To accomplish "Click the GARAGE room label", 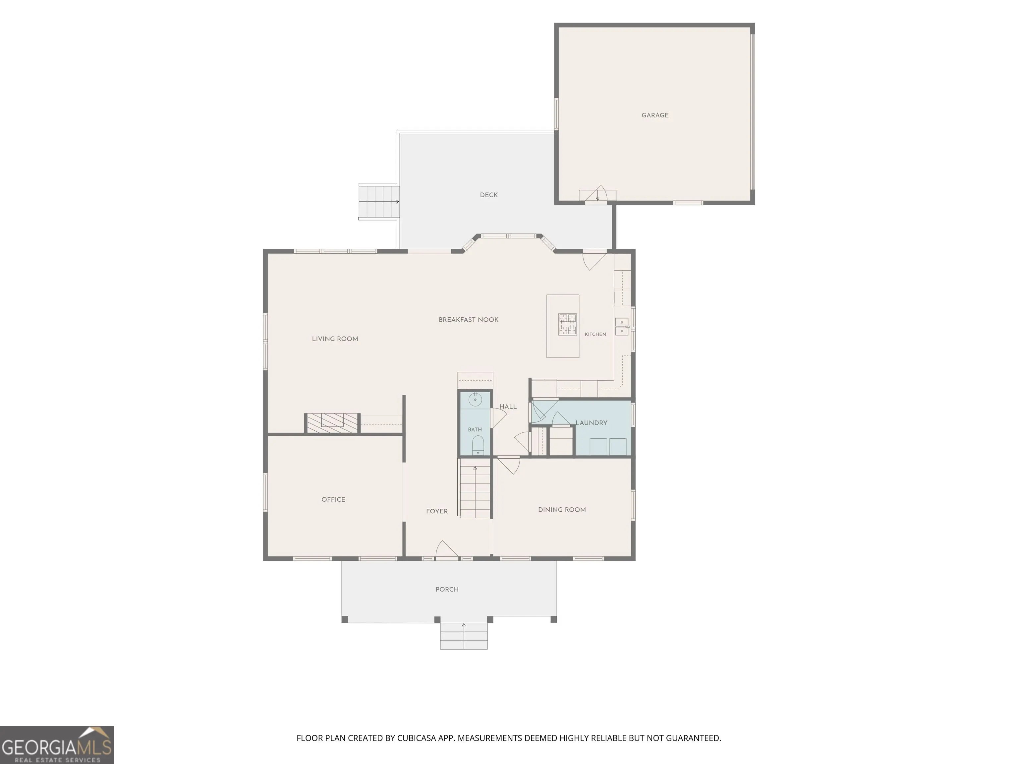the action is [655, 115].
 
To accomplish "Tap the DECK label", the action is [489, 195].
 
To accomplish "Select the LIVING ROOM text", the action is [335, 339].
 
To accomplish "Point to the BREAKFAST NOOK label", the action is [469, 320].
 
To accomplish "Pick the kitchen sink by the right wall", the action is [622, 327].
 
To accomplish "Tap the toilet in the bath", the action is [478, 445].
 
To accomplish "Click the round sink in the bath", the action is [475, 400].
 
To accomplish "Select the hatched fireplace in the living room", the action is [333, 423].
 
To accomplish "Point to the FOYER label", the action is [437, 511].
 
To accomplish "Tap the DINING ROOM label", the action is [562, 510].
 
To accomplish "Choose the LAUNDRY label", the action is [592, 423].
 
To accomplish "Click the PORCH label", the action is [447, 590].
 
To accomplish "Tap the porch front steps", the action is [464, 636].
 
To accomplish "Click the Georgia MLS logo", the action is [57, 745].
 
